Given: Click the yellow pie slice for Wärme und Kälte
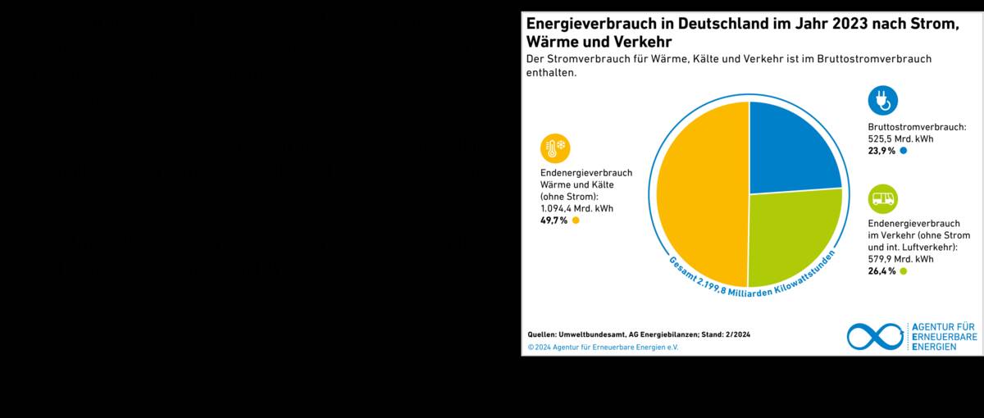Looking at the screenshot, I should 701,194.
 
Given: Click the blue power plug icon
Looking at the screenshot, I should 882,100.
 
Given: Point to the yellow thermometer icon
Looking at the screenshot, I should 554,148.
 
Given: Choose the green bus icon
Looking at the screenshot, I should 882,198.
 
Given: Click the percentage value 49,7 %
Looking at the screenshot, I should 553,220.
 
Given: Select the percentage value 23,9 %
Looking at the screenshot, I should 881,151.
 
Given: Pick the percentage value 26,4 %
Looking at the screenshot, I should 881,271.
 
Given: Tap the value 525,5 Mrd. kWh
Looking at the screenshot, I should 900,139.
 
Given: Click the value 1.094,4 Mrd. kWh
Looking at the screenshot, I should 576,208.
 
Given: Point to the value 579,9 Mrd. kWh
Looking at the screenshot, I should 900,259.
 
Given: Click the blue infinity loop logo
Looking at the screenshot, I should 874,336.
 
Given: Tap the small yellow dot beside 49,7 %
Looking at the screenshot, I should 576,220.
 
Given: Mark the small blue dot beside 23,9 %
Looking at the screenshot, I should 904,151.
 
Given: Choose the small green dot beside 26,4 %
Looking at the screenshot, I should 904,271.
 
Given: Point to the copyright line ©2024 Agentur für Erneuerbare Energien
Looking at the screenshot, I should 603,347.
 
